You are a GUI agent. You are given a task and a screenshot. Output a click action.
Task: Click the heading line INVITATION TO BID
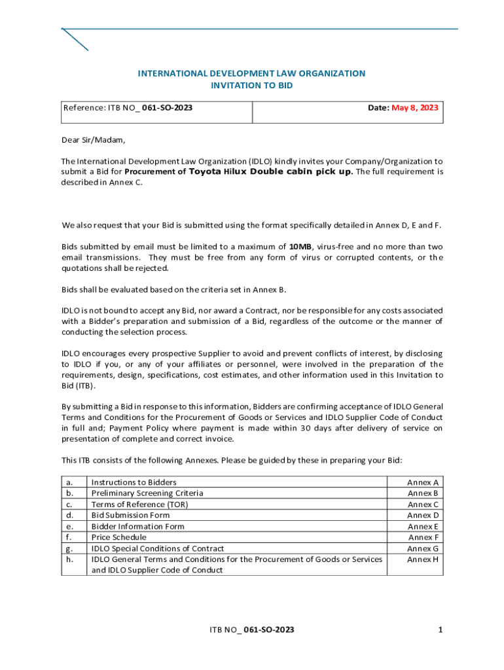pos(251,86)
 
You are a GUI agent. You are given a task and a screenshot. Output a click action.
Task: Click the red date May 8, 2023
pos(415,108)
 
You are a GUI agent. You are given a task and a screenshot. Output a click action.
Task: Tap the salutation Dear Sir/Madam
pos(92,139)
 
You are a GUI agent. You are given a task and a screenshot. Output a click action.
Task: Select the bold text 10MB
pos(300,247)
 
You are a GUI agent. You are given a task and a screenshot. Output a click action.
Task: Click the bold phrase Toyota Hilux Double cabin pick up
pos(271,172)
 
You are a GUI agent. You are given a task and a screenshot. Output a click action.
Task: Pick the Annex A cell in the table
pos(423,482)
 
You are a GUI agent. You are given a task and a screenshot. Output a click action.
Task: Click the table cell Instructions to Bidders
pos(134,482)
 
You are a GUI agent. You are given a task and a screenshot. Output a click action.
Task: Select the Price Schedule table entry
pos(119,537)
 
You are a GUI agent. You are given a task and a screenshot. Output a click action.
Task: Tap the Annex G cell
pos(423,548)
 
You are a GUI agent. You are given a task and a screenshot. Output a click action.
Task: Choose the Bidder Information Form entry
pos(137,526)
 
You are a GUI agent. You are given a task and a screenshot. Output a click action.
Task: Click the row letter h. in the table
pos(69,559)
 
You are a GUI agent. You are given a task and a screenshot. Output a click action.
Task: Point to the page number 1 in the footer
pos(441,629)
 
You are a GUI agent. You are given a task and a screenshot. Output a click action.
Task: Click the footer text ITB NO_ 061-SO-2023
pos(251,629)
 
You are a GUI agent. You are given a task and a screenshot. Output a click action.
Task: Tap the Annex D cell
pos(423,515)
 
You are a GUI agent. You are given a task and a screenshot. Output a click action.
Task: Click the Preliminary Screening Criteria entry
pos(147,493)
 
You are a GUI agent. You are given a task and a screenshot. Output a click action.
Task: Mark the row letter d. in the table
pos(69,515)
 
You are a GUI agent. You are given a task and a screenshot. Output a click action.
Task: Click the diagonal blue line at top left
pos(75,39)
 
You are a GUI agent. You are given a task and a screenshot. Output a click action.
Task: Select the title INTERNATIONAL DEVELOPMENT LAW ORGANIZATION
pos(251,73)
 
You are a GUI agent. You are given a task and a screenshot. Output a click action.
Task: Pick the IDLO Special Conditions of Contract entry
pos(157,548)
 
